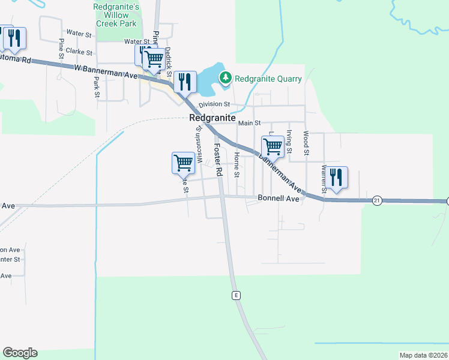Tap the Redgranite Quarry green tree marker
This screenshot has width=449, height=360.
coord(226,77)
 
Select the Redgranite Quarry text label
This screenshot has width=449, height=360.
coord(268,78)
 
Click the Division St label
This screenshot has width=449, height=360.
coord(214,104)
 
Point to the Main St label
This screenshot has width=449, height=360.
coord(250,123)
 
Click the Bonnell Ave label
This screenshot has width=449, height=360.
coord(278,198)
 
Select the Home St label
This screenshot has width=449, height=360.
coord(237,164)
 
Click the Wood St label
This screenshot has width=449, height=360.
coord(306,143)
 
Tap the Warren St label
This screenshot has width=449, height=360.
coord(324,179)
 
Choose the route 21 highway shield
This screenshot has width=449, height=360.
coord(376,200)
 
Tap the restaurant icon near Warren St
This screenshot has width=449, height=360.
coord(336,178)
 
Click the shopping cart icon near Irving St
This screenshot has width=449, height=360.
coord(273,146)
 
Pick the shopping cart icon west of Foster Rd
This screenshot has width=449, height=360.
coord(183,162)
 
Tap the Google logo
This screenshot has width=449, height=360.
coord(20,353)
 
